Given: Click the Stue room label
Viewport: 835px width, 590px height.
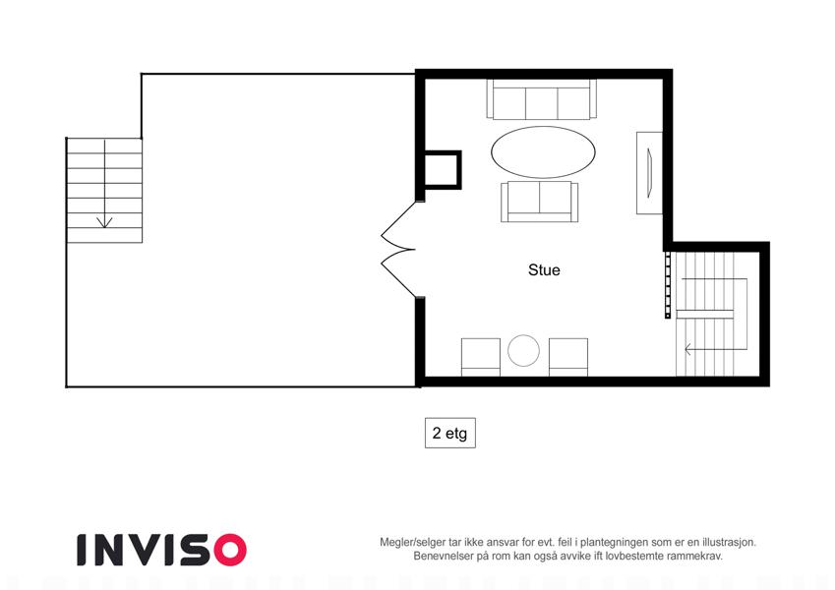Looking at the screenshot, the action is tap(544, 270).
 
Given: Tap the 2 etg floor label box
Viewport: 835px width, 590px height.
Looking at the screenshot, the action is tap(450, 433).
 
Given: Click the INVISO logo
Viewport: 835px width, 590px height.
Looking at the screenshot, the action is tap(161, 550).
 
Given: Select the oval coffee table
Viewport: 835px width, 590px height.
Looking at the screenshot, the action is tap(543, 152).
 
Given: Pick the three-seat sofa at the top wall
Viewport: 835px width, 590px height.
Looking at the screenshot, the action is tap(542, 99).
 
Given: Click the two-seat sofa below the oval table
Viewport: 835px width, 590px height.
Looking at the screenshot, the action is tap(539, 202).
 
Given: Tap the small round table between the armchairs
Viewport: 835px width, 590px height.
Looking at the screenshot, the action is tap(523, 350).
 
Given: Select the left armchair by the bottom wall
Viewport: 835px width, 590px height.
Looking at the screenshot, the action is tap(481, 357).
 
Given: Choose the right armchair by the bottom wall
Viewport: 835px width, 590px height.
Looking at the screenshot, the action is tap(568, 357).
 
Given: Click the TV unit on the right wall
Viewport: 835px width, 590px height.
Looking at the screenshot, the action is tap(649, 173).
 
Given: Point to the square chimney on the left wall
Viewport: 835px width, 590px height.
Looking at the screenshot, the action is tap(442, 170).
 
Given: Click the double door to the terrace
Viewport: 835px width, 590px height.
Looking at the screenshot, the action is tap(399, 249).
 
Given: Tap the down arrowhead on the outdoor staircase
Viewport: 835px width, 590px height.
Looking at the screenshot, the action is tap(104, 222).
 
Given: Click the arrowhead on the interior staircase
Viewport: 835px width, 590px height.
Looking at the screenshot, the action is tap(687, 350).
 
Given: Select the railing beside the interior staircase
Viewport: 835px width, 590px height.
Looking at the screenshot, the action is tap(668, 285).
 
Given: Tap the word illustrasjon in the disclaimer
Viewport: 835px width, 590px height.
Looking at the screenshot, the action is tap(729, 543).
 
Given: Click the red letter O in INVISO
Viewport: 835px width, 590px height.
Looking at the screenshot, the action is tap(230, 550).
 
